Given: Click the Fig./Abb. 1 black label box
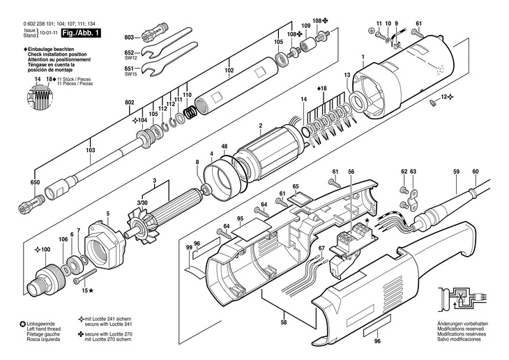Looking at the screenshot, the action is (81, 33).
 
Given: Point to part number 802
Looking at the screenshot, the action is (129, 103).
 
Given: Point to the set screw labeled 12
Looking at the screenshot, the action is (433, 103).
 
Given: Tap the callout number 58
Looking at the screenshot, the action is (284, 322).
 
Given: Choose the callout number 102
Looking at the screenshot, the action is (229, 70).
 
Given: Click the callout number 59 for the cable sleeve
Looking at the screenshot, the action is (457, 172).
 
